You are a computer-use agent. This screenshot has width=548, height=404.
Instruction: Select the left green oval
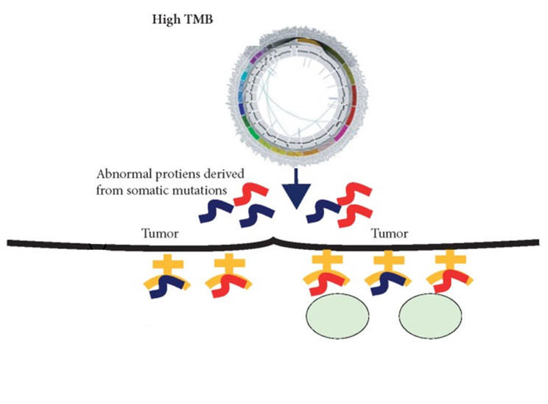[x=337, y=314]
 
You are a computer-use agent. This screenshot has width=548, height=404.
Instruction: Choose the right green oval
[x=431, y=314]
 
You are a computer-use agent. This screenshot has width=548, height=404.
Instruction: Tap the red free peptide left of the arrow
[x=249, y=195]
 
